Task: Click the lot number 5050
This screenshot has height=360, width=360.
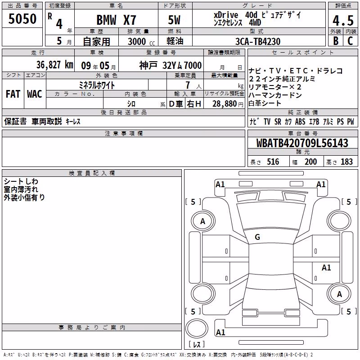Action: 22,19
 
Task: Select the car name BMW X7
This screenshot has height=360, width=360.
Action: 116,20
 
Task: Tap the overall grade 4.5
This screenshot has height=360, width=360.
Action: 343,21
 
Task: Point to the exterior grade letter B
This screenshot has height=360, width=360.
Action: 336,41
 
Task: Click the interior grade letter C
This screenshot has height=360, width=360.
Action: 350,41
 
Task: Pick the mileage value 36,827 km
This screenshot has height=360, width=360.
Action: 55,65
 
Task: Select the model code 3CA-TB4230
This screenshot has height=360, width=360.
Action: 258,41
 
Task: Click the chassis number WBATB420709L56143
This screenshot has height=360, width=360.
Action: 302,143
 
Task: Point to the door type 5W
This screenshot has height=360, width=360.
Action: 174,20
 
